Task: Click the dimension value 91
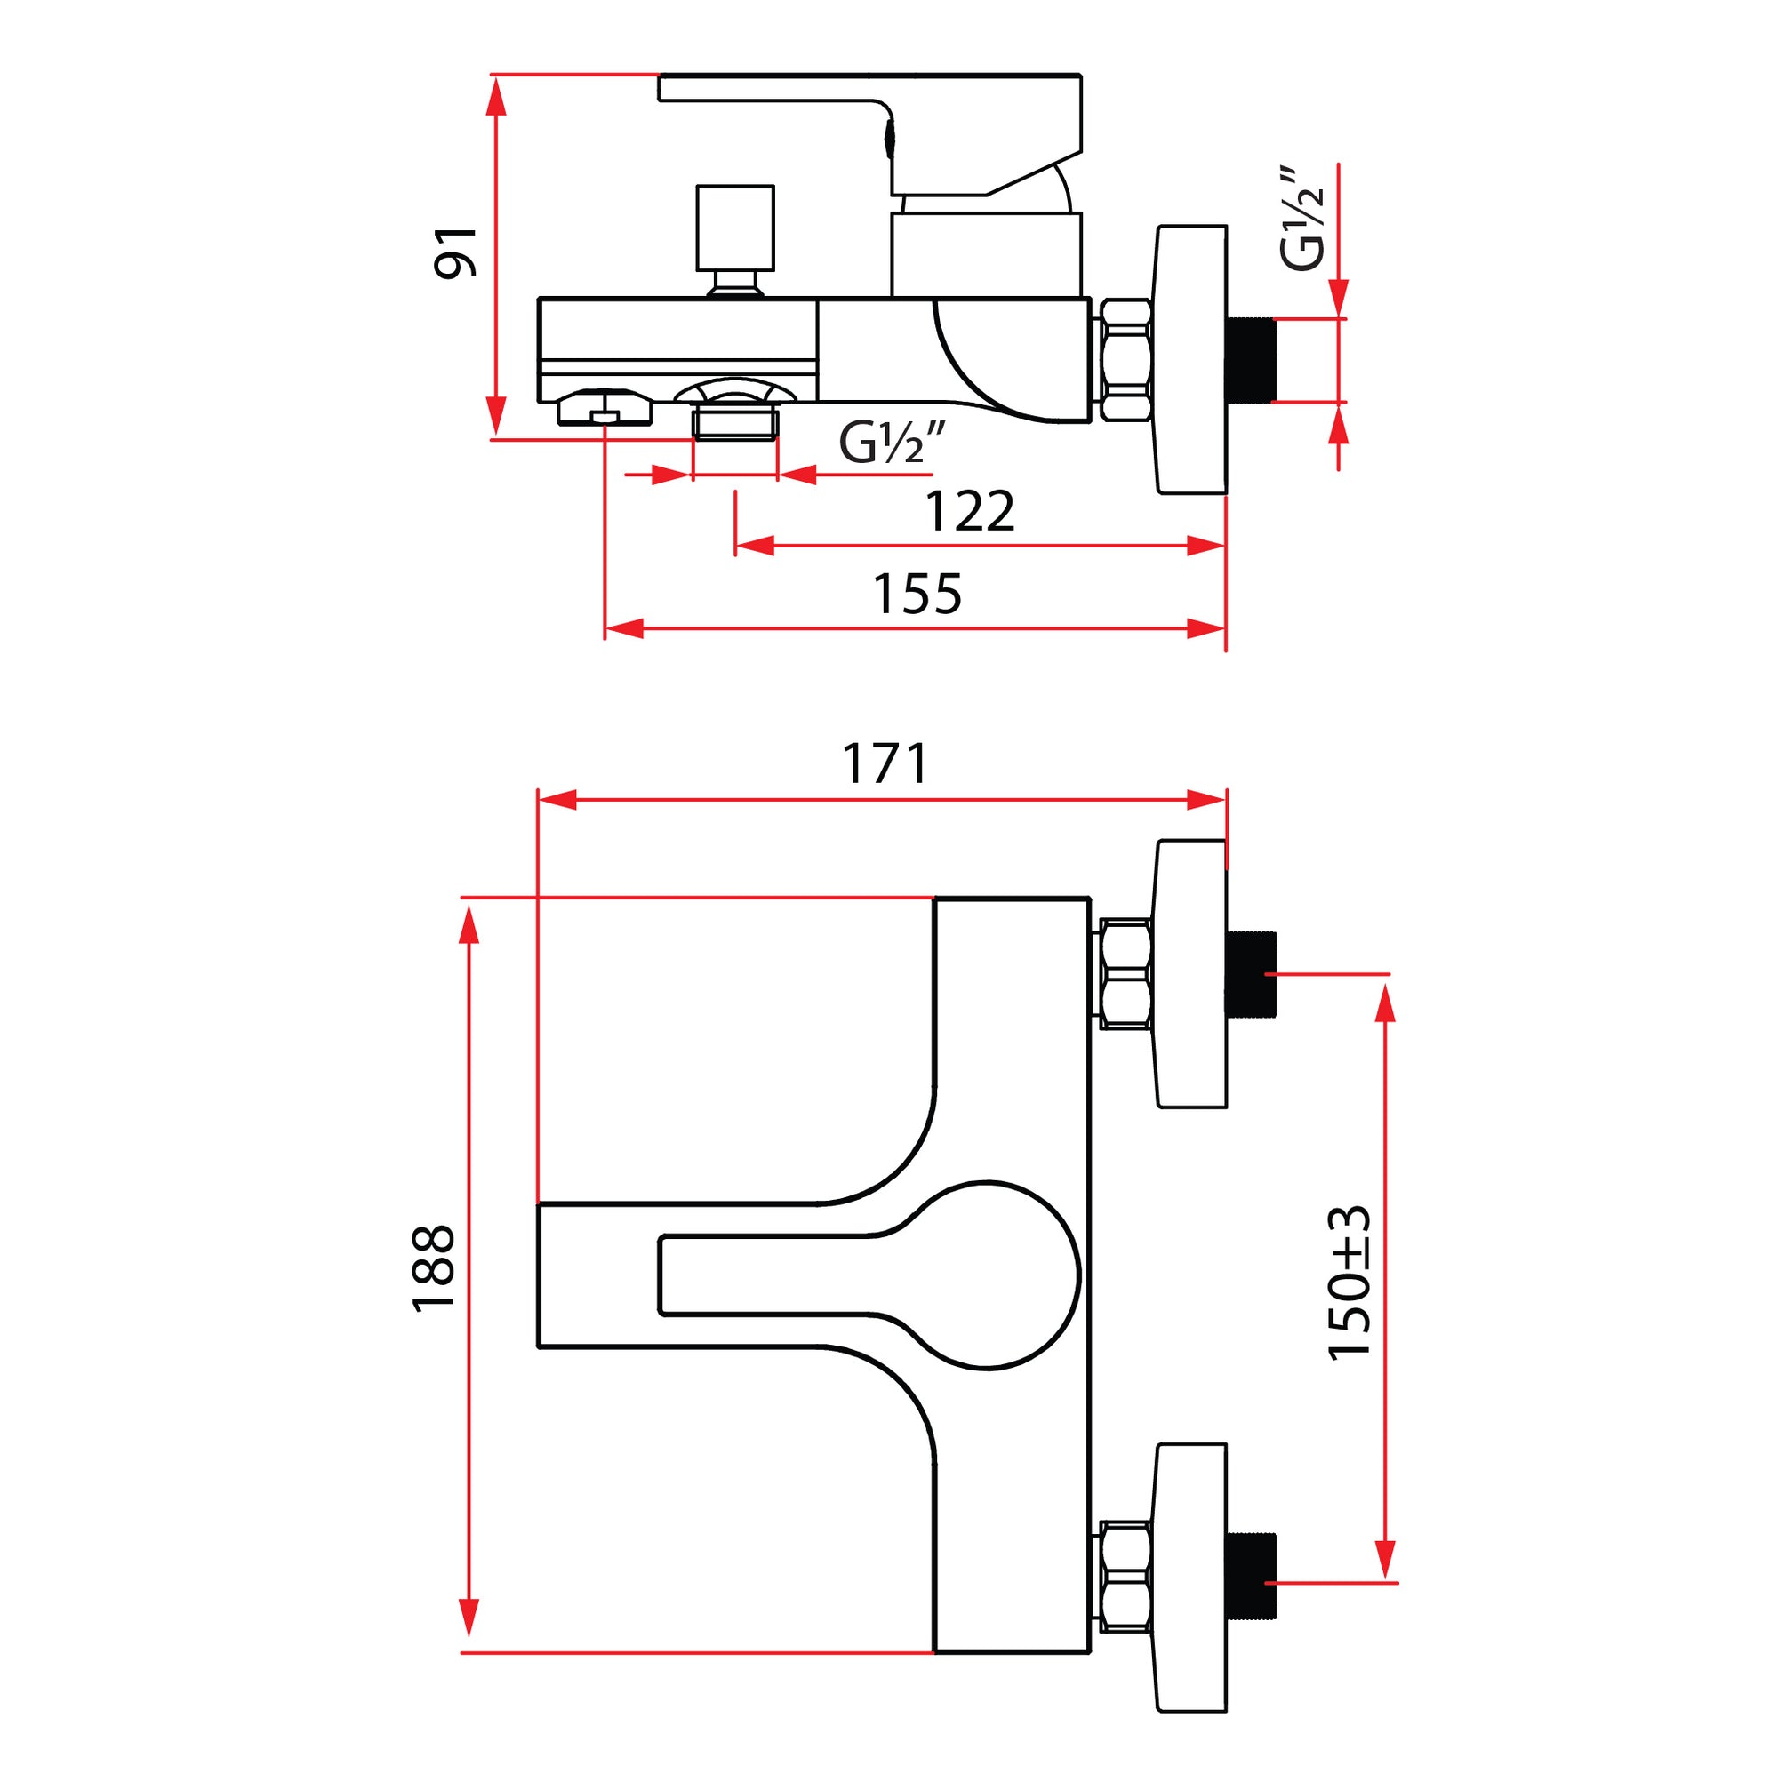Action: [454, 252]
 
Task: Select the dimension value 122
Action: [969, 512]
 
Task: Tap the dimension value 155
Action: [917, 595]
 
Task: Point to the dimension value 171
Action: [885, 763]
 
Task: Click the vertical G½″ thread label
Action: [1301, 219]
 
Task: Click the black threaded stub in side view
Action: [1251, 360]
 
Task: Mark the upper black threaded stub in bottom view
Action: [1252, 973]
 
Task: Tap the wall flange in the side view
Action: [1191, 360]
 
